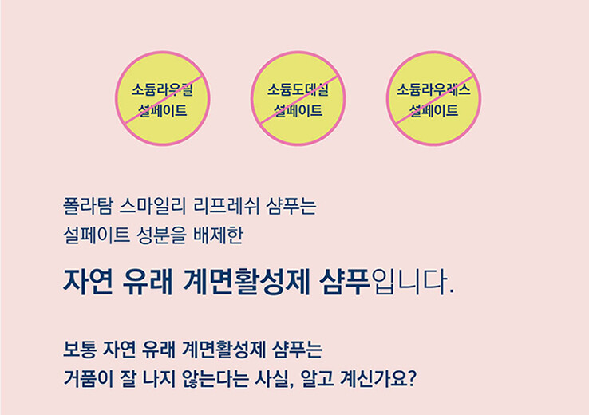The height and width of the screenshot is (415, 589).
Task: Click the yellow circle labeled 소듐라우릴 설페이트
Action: [x=163, y=98]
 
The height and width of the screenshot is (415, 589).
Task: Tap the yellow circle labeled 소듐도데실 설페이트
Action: [x=298, y=98]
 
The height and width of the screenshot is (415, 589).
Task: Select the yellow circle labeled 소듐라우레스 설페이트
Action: [x=434, y=98]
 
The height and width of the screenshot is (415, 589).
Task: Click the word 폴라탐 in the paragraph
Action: [x=88, y=206]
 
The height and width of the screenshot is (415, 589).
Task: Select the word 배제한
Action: [x=218, y=235]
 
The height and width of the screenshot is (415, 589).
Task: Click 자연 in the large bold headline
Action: [x=88, y=282]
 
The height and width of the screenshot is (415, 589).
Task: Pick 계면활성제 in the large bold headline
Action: [x=247, y=282]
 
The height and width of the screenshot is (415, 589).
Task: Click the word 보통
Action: [x=80, y=350]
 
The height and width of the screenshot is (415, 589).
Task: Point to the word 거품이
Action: [x=88, y=378]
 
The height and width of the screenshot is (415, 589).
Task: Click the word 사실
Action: [x=272, y=378]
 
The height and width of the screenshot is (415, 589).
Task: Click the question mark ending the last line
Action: [x=412, y=378]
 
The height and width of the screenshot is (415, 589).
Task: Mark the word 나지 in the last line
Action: [x=159, y=378]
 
